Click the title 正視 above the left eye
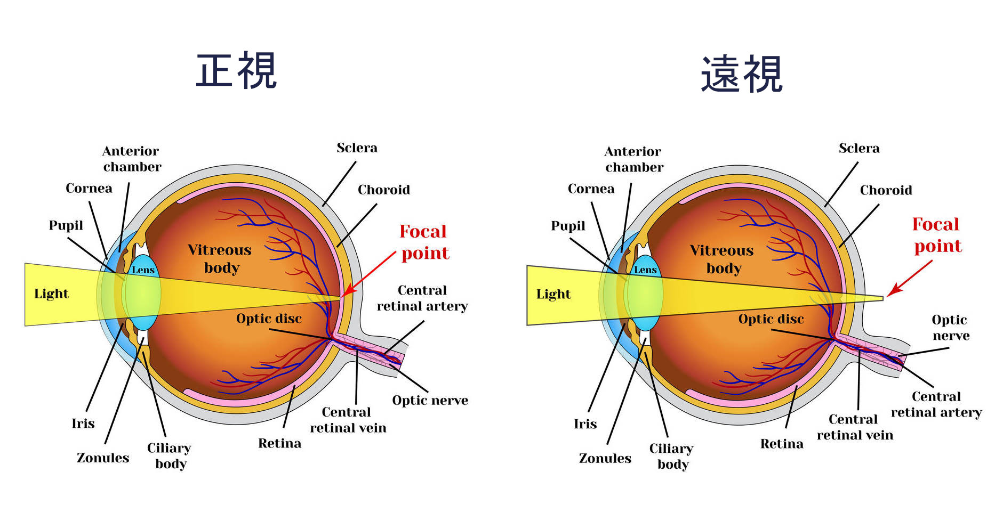(236, 70)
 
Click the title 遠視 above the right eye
(741, 74)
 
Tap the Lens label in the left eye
(143, 270)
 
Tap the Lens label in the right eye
(645, 270)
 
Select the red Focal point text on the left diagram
(424, 242)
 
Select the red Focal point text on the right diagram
(937, 235)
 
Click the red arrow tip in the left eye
(343, 296)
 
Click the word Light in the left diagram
(51, 294)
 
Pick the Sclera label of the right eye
(858, 148)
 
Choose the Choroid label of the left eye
(383, 190)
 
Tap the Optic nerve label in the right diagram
(950, 328)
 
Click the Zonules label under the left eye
(103, 458)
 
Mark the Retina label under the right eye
(781, 444)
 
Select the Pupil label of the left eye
(66, 226)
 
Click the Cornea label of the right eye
(591, 189)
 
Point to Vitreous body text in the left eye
(220, 259)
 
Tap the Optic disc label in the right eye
(771, 319)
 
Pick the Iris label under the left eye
(83, 424)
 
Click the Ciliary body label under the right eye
(671, 457)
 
